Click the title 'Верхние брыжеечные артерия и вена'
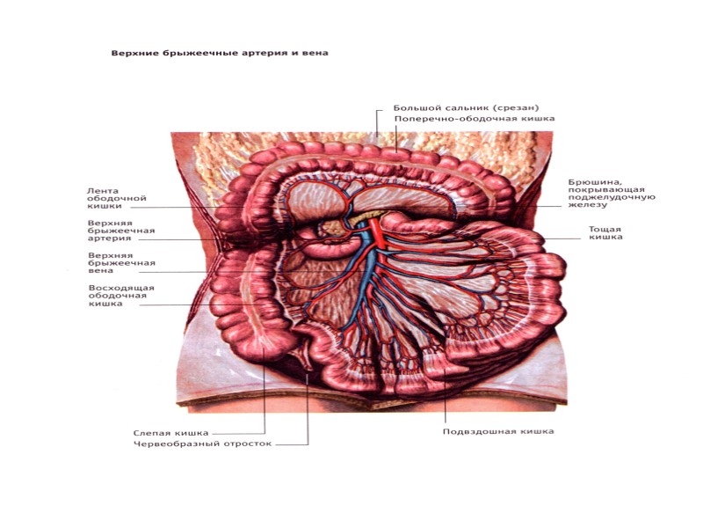coord(219,53)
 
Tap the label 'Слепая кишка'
coord(170,432)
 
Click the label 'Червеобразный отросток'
coord(202,444)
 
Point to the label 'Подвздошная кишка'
coord(498,431)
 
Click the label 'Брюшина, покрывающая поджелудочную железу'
coord(612,194)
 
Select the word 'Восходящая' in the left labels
coord(121,288)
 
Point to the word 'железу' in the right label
coord(588,205)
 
